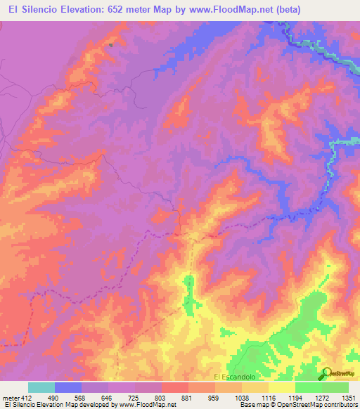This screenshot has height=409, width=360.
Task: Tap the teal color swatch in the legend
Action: pos(41,387)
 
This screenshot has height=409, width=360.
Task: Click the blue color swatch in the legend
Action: pos(68,387)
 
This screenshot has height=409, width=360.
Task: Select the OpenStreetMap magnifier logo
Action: pos(326,372)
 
